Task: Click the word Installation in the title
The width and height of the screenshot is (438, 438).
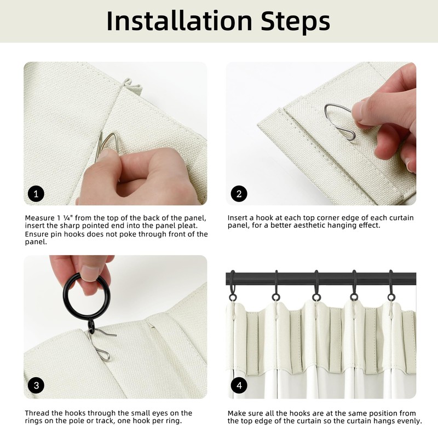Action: point(180,21)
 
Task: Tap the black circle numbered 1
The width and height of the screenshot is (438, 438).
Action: point(36,194)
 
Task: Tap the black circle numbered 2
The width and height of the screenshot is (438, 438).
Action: point(239,194)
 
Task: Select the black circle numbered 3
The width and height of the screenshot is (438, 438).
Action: point(36,385)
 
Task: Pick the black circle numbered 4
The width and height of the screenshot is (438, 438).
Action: point(239,385)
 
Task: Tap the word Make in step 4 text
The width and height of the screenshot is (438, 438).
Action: point(237,413)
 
